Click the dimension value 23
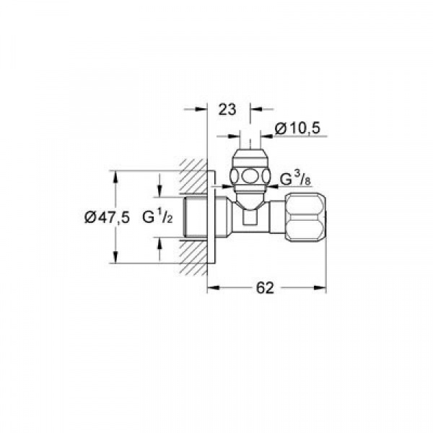(227, 110)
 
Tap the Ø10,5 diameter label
(297, 128)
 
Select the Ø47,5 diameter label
(107, 217)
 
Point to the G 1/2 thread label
(157, 216)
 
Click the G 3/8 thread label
(295, 179)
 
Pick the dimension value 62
(265, 288)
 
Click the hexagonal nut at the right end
(306, 218)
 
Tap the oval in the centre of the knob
(250, 176)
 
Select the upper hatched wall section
(193, 177)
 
